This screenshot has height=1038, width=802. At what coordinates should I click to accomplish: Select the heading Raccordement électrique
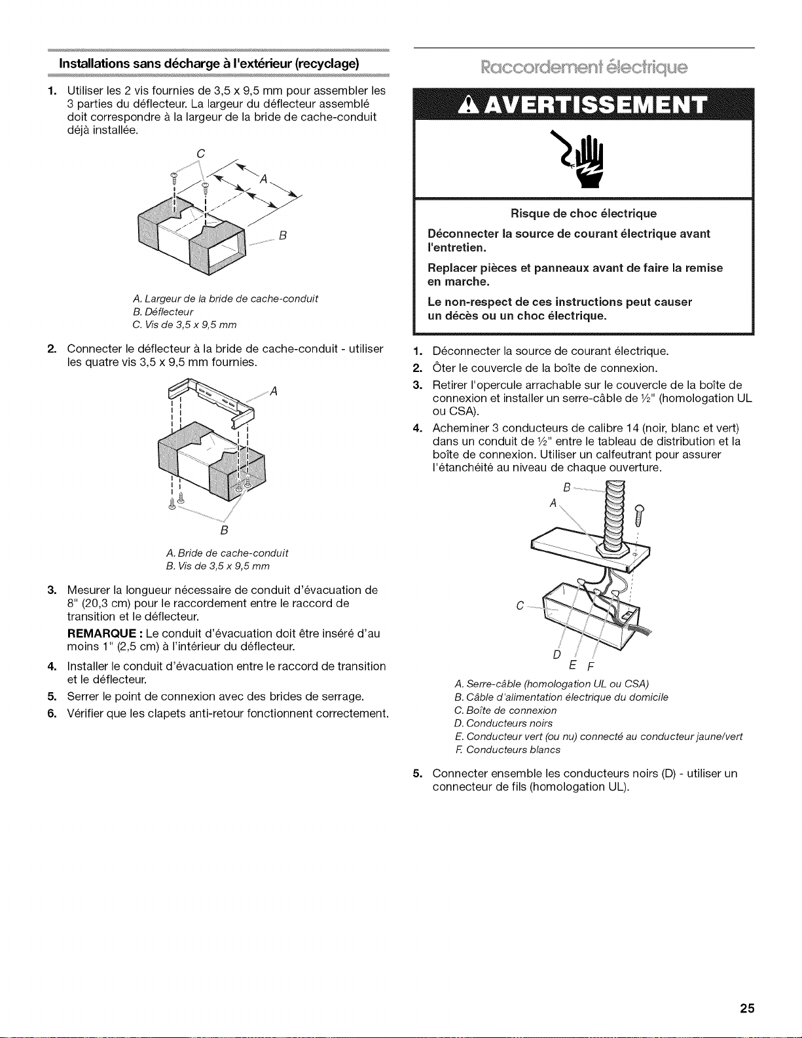[x=584, y=67]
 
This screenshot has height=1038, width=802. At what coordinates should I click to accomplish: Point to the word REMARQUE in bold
[x=103, y=634]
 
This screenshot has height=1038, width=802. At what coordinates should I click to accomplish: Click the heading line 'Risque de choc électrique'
[x=583, y=213]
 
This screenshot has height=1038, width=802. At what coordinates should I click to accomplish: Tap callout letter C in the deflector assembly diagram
[x=200, y=154]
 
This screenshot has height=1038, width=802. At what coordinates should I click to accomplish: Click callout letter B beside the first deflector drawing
[x=282, y=236]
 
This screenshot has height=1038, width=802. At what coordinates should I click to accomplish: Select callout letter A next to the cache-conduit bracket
[x=274, y=392]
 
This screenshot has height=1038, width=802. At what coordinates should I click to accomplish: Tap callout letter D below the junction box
[x=556, y=654]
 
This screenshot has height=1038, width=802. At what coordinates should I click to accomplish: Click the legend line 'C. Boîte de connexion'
[x=505, y=711]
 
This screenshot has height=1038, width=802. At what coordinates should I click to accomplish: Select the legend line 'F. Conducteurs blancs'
[x=507, y=749]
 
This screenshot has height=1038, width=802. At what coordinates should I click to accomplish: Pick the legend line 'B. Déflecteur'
[x=163, y=312]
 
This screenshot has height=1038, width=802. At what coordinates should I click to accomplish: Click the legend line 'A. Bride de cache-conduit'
[x=227, y=553]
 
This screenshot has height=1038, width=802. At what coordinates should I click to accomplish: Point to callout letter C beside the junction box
[x=520, y=606]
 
